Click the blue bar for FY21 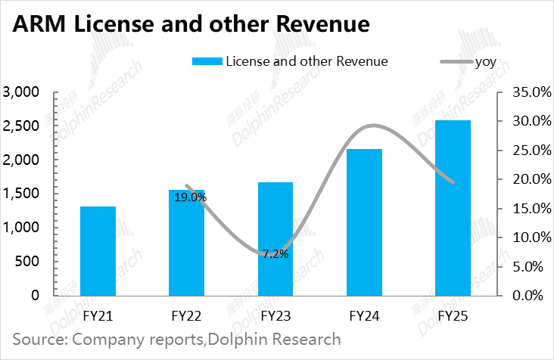pos(98,251)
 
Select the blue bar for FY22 pos(186,243)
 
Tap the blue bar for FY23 pos(275,239)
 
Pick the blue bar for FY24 pos(364,222)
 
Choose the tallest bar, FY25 pos(453,208)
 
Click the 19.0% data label pos(191,197)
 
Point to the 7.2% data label pos(275,254)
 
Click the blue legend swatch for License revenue pos(207,61)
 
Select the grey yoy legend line pos(456,62)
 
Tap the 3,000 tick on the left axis pos(21,92)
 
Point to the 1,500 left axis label pos(21,194)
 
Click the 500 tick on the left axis pos(26,261)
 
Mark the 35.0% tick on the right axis pos(532,92)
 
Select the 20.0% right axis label pos(532,179)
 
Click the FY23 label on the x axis pos(275,316)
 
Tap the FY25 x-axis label pos(453,316)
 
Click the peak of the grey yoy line pos(374,126)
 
